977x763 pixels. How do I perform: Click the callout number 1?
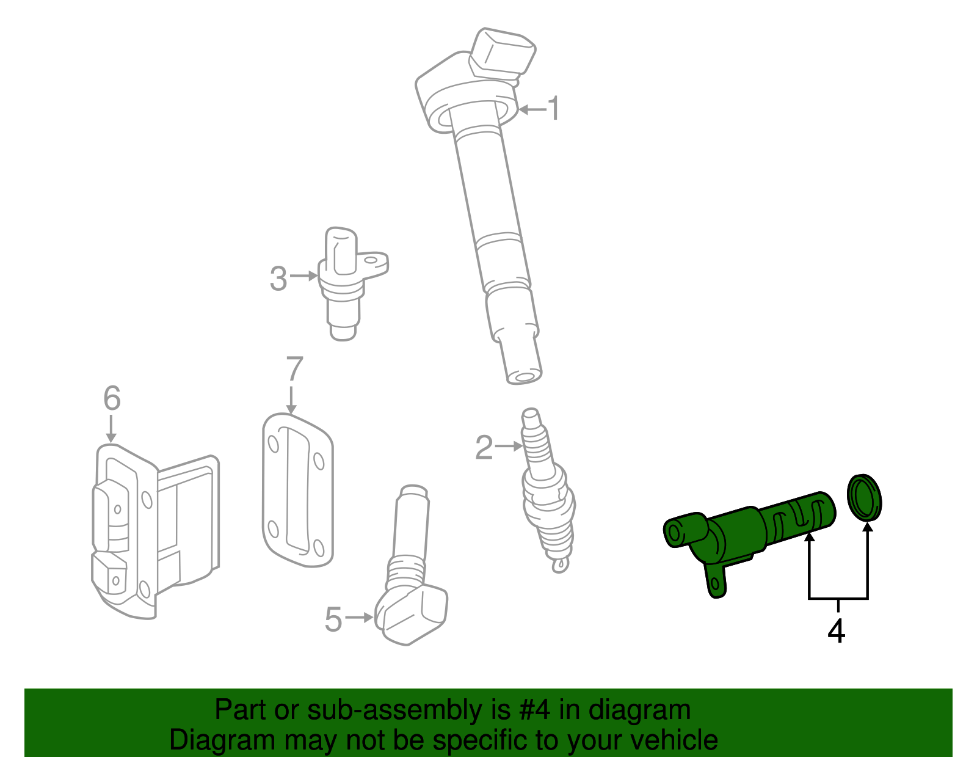point(553,109)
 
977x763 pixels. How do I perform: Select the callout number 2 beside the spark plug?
point(484,448)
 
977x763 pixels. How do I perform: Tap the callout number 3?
point(278,279)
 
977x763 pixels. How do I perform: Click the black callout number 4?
point(836,631)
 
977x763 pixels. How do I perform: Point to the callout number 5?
point(333,619)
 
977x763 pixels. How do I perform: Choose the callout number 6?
point(112,398)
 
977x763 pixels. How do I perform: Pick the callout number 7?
point(294,369)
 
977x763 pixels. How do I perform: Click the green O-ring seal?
point(864,497)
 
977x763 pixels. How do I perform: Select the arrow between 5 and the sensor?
point(359,618)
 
